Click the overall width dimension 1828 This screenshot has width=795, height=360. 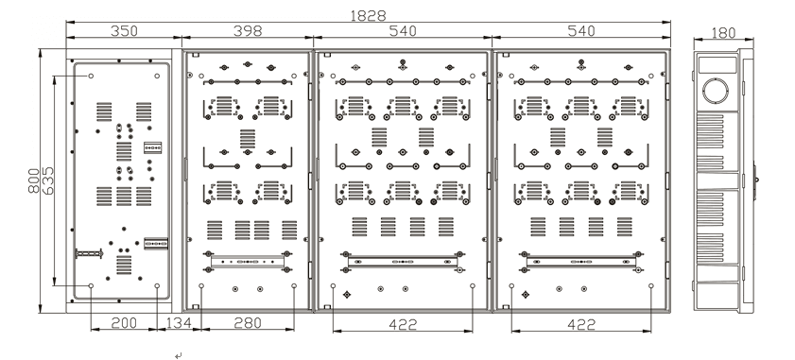pos(368,15)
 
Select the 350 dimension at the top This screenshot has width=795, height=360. pos(124,31)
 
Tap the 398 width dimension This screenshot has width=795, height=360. pos(248,31)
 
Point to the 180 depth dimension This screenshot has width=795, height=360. pos(723,33)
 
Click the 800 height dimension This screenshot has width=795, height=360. pos(34,180)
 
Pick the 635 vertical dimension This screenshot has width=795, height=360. pos(47,180)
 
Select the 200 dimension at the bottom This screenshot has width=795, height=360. pos(124,323)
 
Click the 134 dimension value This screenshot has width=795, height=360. pos(179,323)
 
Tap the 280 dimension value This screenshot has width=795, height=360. pos(248,323)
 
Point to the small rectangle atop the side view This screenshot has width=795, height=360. pos(717,64)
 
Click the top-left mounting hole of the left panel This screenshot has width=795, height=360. pos(92,76)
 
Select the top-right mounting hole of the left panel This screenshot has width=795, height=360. pos(157,76)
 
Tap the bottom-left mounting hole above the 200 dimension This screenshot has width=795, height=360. pos(92,286)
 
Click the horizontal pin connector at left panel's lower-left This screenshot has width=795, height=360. pos(89,253)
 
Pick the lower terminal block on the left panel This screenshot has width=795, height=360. pos(156,244)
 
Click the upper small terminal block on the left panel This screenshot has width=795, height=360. pos(152,147)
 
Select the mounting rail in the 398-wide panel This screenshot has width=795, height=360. pos(248,262)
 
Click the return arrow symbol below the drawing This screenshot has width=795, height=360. pos(178,356)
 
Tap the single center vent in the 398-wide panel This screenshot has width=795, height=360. pos(248,138)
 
